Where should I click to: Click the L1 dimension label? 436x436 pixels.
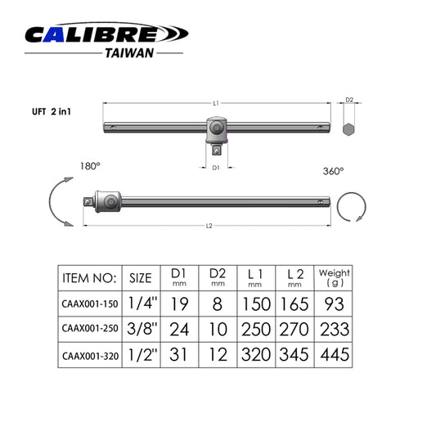pos(216,103)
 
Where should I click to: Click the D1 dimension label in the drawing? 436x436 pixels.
pos(216,168)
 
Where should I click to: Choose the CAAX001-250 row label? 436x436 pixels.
pos(89,330)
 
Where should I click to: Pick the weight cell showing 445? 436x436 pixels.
pos(334,355)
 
